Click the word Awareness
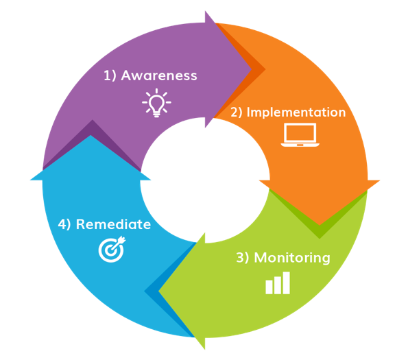pos(159,75)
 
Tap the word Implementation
pos(296,112)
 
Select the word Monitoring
pos(292,258)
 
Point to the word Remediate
pos(113,224)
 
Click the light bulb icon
pos(156,103)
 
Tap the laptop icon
pos(300,134)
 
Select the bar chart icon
pos(278,283)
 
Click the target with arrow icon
pos(112,249)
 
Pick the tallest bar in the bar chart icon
pos(286,283)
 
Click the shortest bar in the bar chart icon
pos(269,287)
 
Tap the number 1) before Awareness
pos(110,75)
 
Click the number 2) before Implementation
pos(237,112)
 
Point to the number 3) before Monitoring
pos(243,258)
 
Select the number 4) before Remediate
pos(64,224)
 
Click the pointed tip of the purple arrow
pos(252,69)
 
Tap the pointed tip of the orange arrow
pos(320,225)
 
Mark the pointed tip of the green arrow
pos(158,291)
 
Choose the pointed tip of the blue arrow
pos(91,135)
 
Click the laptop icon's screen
pos(300,133)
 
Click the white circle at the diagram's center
pos(205,180)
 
